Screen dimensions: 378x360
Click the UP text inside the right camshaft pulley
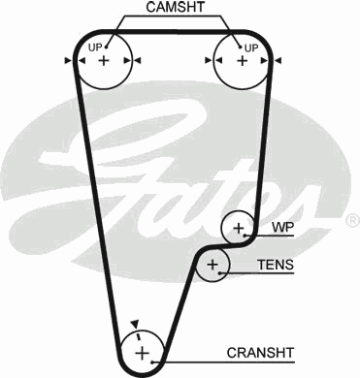tap(251, 47)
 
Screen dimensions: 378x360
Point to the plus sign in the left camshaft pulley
tap(104, 61)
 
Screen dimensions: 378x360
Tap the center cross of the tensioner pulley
tap(213, 265)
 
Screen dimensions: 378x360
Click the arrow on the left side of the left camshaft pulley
tap(68, 61)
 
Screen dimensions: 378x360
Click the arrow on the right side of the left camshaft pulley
tap(139, 61)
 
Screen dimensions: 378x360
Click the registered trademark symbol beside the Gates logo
tap(351, 222)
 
